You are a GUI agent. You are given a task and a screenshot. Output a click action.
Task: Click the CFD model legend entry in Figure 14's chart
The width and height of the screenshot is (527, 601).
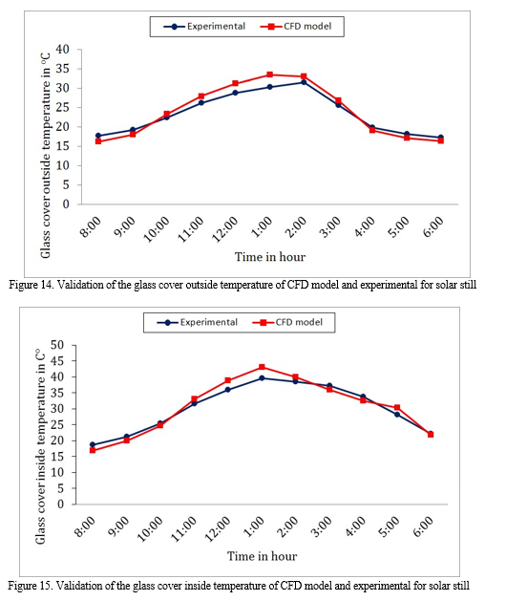pos(296,27)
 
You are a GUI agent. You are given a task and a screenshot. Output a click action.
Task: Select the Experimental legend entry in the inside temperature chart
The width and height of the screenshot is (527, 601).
pos(198,322)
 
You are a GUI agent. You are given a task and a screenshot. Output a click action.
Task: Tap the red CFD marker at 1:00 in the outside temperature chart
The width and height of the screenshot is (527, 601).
pos(269,75)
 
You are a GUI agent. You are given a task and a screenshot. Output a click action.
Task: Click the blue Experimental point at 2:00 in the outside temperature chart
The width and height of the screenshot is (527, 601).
pos(304,82)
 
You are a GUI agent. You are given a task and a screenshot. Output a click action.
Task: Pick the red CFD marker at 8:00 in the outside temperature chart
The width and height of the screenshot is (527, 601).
pos(98,141)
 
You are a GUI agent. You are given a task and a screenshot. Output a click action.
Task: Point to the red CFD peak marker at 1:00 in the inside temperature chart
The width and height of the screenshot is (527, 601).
pos(262,367)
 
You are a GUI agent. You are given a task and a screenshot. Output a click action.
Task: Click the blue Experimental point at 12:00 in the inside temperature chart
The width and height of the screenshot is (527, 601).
pos(228,390)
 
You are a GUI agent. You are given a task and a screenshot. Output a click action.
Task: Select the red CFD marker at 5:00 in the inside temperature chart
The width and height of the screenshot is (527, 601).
pos(397,407)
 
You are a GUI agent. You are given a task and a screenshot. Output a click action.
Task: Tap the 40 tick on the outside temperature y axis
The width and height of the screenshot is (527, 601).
pos(62,50)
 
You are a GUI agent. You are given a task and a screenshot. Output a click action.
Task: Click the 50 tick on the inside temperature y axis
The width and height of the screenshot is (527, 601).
pos(57,345)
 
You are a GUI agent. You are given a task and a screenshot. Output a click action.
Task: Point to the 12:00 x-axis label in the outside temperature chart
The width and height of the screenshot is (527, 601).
pos(225,229)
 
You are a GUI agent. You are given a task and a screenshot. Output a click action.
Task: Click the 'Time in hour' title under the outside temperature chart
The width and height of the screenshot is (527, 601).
pos(270,257)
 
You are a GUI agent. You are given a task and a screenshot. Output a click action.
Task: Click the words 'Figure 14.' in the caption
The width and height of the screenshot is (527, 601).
pos(32,285)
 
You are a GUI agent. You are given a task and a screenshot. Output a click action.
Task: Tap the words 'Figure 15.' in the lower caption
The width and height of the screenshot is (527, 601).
pos(31,586)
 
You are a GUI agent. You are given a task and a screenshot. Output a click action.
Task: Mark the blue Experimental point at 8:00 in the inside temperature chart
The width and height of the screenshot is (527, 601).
pos(93,445)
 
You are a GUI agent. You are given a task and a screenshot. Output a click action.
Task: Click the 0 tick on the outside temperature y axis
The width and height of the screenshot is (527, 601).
pos(66,204)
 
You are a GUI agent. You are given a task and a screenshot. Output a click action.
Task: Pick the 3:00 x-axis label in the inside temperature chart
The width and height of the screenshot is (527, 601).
pos(322,527)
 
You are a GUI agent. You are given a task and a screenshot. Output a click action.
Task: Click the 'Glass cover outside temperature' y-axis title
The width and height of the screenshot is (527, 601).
pos(45,155)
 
